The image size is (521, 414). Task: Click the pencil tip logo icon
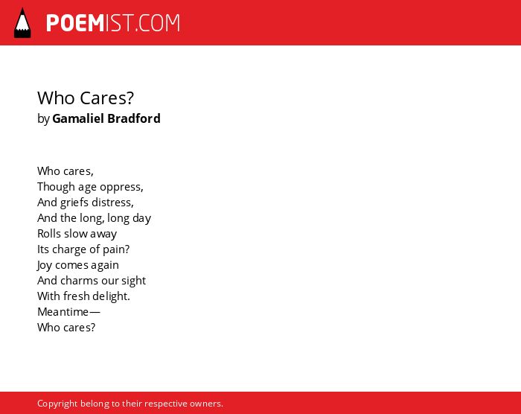point(22,22)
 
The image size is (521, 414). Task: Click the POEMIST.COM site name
point(113,23)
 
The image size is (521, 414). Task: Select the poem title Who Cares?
point(86,98)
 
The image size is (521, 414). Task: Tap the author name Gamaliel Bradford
point(106,118)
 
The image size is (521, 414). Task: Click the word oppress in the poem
point(121,187)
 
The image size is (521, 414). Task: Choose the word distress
point(112,203)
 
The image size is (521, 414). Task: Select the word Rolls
point(49,234)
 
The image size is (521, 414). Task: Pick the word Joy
point(45,265)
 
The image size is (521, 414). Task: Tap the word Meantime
point(63,312)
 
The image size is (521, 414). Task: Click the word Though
point(56,187)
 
